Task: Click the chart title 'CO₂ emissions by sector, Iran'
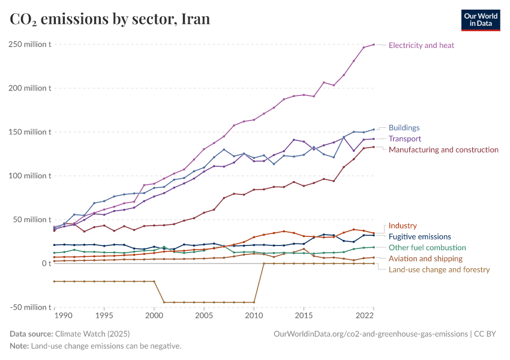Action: (x=110, y=19)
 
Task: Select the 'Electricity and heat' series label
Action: (x=421, y=45)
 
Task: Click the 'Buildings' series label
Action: (x=404, y=128)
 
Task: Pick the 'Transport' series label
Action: (x=405, y=139)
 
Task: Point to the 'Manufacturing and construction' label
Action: (x=443, y=149)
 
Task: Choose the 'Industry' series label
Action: (x=403, y=226)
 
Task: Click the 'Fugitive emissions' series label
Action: (x=419, y=237)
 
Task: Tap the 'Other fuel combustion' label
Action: (x=427, y=248)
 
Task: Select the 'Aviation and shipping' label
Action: (x=425, y=259)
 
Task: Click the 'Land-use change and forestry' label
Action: (x=439, y=269)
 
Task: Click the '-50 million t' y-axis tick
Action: (x=30, y=307)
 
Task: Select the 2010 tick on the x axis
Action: (x=254, y=316)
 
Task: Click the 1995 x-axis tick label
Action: (x=104, y=316)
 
